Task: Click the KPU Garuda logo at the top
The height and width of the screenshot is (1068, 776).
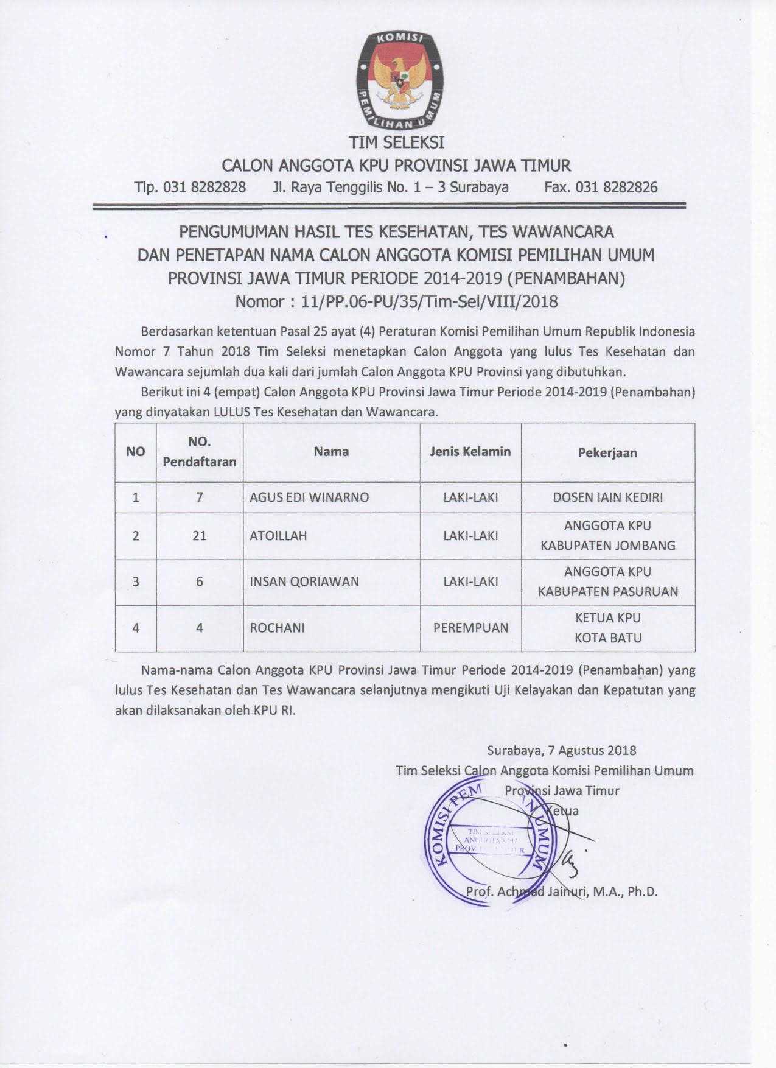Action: (399, 79)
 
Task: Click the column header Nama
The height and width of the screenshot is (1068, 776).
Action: (331, 451)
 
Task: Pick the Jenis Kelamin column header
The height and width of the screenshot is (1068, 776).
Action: (470, 451)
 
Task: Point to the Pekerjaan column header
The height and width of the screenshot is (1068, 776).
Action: (607, 452)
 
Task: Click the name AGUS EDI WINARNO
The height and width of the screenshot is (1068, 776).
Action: (309, 497)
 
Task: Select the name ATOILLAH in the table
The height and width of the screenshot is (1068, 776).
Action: (278, 536)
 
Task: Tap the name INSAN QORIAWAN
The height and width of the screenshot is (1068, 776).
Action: (304, 581)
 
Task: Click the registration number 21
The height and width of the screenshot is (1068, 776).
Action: (199, 536)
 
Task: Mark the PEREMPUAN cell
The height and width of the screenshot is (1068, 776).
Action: (470, 628)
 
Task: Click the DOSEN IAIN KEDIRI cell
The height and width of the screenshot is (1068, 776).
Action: (607, 497)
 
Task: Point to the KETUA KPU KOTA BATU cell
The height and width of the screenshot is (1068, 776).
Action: (607, 628)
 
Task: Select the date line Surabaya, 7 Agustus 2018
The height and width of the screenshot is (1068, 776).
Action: (562, 750)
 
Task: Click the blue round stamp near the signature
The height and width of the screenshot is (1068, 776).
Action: (487, 840)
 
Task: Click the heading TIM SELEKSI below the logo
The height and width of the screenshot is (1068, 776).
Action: (396, 142)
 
